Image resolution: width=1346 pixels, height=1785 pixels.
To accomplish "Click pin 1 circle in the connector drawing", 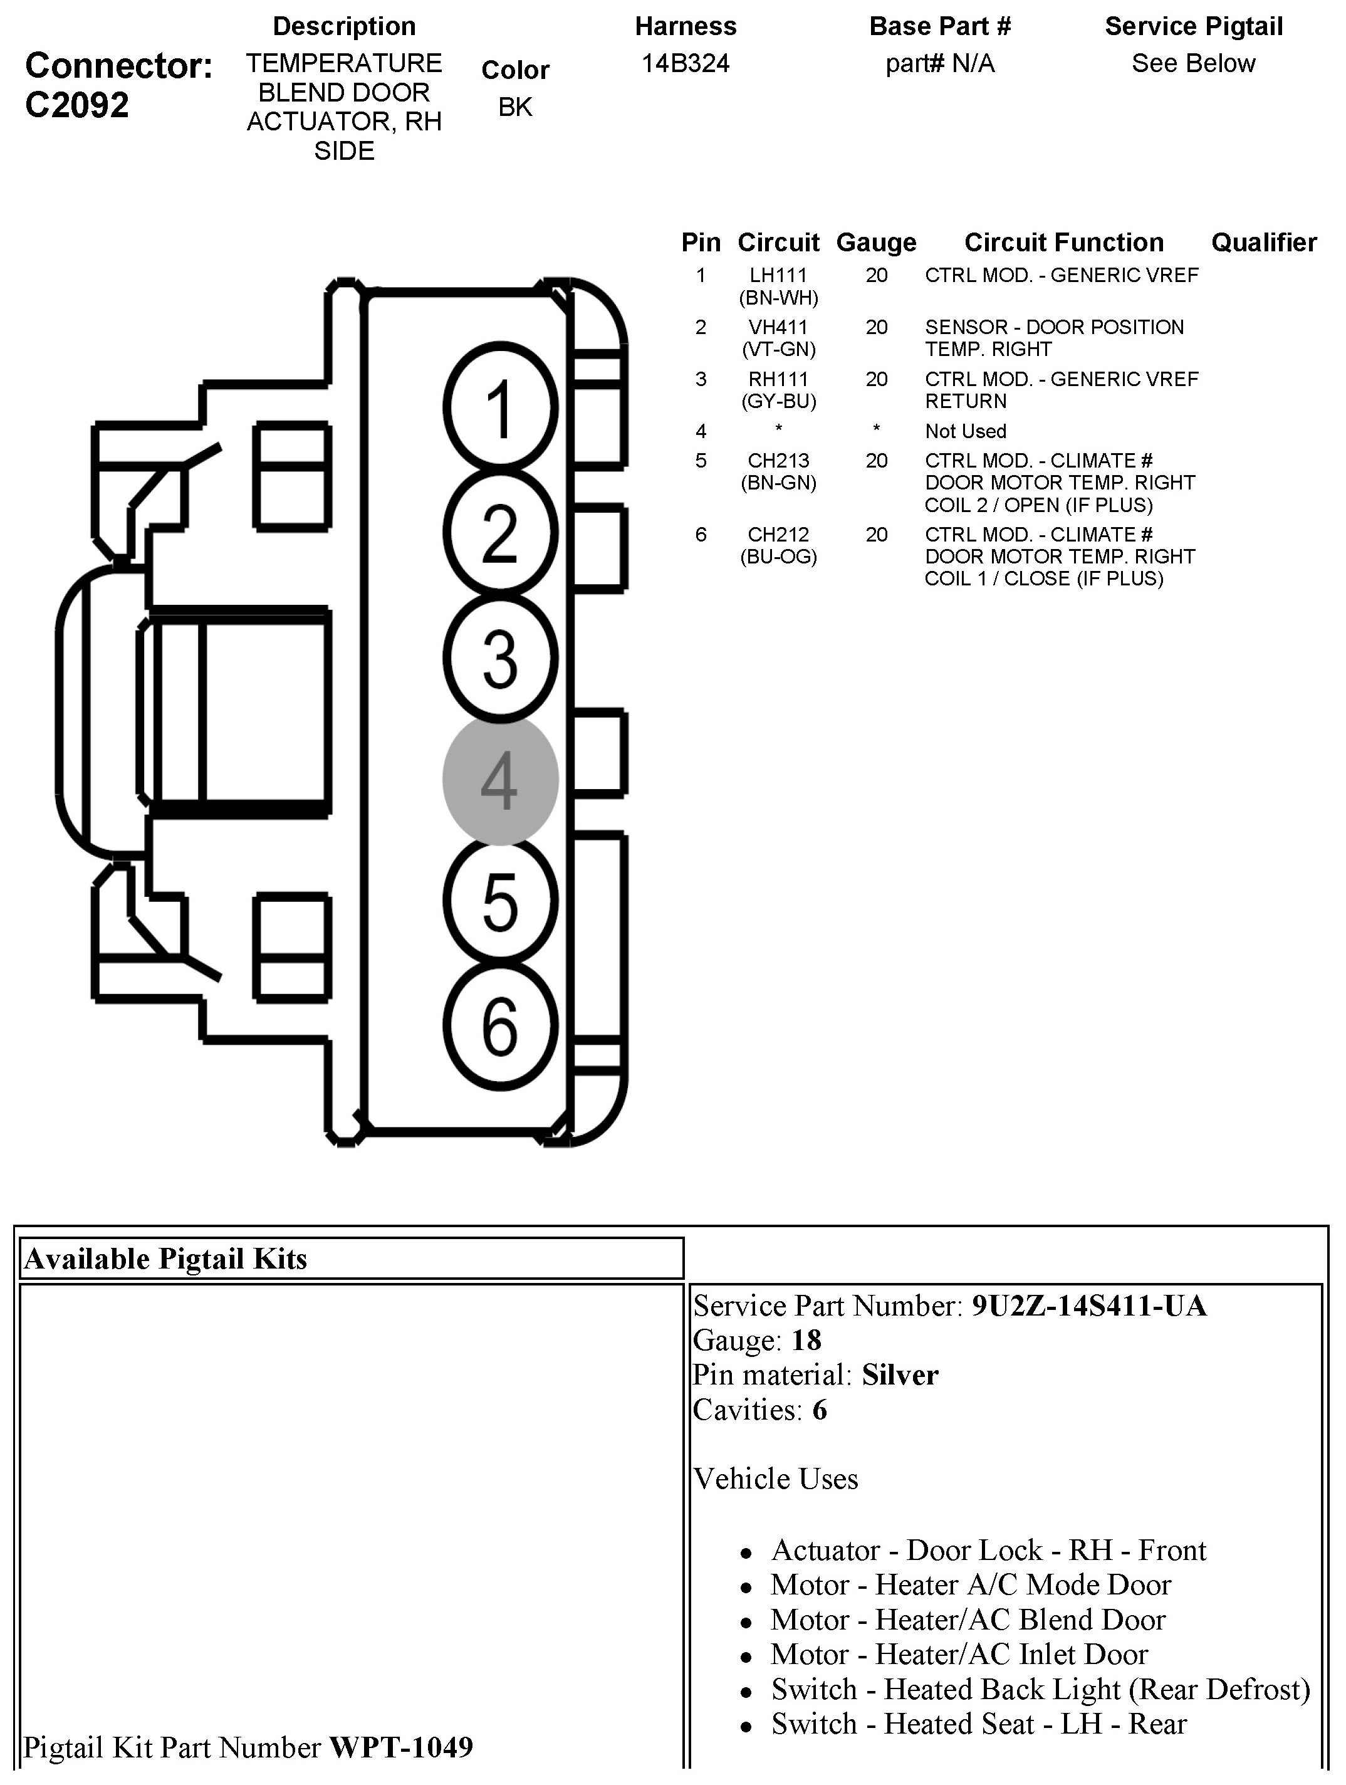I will point(500,407).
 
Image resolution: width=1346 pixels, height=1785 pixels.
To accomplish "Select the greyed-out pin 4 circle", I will point(500,780).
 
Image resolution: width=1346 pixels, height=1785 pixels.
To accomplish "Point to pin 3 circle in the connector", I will point(500,657).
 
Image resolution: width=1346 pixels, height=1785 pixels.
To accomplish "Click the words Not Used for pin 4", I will point(965,431).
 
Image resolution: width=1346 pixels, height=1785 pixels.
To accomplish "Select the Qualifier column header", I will point(1264,242).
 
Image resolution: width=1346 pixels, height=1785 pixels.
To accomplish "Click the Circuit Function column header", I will point(1063,242).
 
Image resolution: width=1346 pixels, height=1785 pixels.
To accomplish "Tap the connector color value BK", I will point(515,107).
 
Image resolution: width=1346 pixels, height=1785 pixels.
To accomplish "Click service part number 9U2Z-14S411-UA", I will point(1088,1306).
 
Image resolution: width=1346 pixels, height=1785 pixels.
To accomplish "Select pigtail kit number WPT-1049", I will point(401,1747).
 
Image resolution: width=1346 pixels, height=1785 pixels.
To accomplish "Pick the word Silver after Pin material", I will point(900,1375).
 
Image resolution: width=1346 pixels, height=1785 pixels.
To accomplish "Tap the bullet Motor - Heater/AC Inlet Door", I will point(959,1654).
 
